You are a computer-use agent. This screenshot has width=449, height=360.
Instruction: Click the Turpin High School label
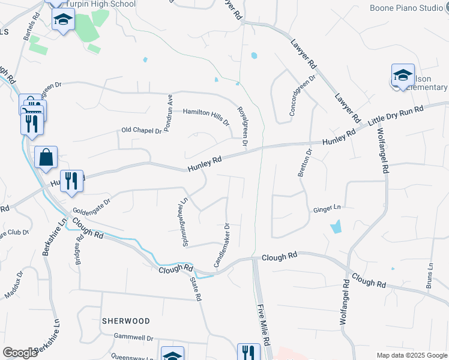pos(100,4)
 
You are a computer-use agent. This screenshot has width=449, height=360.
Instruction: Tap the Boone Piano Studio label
pos(414,8)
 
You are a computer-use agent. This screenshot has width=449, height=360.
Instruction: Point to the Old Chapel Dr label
pos(142,130)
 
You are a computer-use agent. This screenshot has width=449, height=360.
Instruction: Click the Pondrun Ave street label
pos(170,106)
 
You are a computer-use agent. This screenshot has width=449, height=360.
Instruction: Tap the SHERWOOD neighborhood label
pos(126,321)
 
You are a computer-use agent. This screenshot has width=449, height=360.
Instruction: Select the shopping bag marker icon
pos(46,158)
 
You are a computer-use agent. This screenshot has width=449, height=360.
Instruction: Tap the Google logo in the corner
pos(20,353)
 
